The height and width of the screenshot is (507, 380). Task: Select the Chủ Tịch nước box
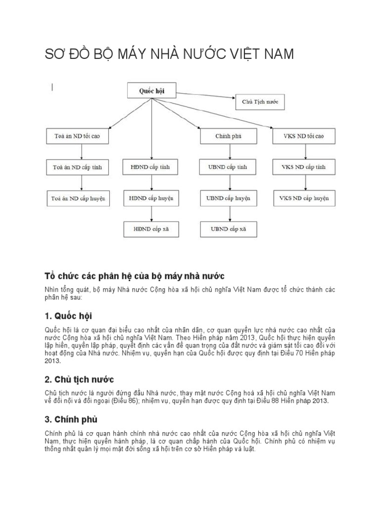point(260,102)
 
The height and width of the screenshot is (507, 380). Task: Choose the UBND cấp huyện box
point(229,199)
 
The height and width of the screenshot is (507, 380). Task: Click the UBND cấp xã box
point(229,230)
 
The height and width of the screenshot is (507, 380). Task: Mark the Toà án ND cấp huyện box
point(79,199)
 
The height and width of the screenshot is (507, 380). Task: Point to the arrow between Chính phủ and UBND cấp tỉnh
point(229,151)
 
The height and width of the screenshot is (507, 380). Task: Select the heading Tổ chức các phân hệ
point(134,275)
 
